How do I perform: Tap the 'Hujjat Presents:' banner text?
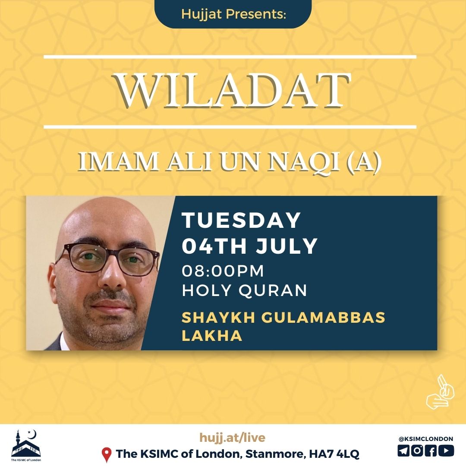233,14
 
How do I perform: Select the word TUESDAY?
241,220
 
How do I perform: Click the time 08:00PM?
223,271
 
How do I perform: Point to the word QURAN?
273,290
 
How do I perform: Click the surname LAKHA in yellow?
212,336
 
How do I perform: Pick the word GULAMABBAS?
323,317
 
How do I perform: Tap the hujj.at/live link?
233,438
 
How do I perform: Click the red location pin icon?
107,455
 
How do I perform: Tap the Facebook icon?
431,450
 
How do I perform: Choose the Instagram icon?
418,450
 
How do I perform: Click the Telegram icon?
403,450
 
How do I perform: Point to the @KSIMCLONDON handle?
425,439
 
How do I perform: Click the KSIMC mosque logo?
26,445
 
